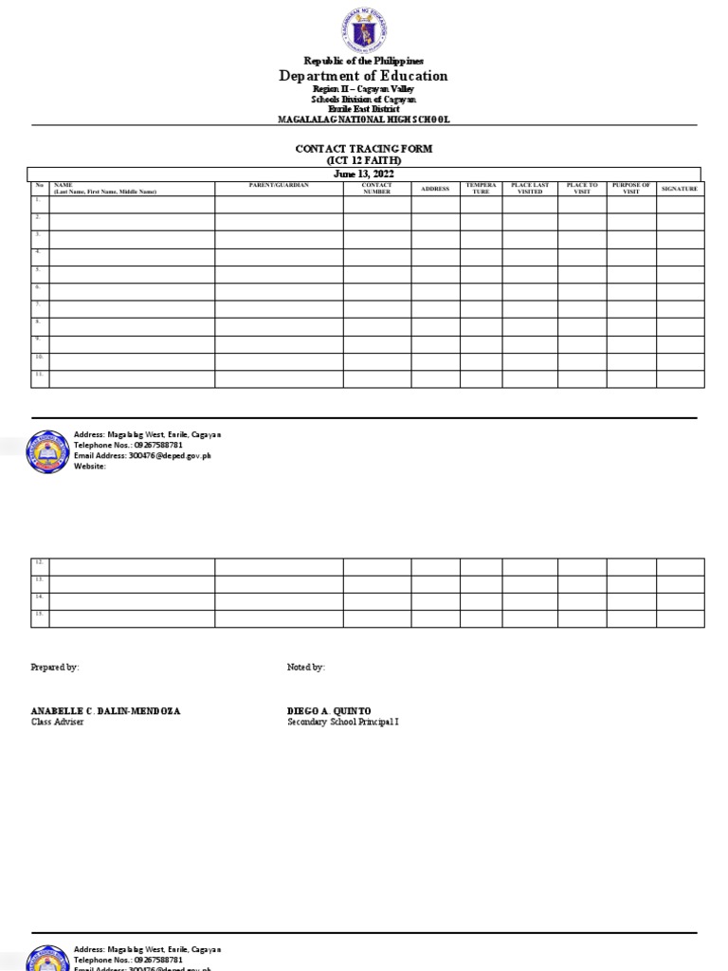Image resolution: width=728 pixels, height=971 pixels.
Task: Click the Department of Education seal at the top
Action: [363, 30]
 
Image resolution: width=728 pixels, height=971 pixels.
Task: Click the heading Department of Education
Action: [363, 76]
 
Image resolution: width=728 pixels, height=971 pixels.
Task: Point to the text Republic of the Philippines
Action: [363, 61]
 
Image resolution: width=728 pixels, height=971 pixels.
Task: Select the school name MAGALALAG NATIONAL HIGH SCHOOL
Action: [363, 119]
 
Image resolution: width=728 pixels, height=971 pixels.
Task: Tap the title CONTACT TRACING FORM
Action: [364, 150]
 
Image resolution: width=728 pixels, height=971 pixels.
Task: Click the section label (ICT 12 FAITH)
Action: [364, 161]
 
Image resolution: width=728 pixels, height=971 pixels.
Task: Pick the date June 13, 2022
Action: [364, 174]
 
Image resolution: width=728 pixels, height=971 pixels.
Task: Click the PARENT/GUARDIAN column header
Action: [279, 185]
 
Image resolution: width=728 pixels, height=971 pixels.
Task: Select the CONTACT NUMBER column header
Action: [376, 188]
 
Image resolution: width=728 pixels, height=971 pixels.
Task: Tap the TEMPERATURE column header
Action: [481, 188]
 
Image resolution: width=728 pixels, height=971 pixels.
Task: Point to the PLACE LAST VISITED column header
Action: [530, 188]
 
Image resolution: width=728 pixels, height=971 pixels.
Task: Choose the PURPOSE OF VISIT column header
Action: [631, 188]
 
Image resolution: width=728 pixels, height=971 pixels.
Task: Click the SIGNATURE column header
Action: [680, 189]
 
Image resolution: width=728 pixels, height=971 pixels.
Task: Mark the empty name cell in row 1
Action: [132, 205]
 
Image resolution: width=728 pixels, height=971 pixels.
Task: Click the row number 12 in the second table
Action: [40, 562]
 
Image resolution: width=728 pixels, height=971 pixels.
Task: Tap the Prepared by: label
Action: [55, 668]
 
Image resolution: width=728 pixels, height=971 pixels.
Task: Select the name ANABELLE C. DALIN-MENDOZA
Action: [105, 711]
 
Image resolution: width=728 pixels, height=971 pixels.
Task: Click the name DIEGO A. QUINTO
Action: [329, 711]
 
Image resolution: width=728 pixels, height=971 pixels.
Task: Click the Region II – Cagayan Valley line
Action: [363, 88]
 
